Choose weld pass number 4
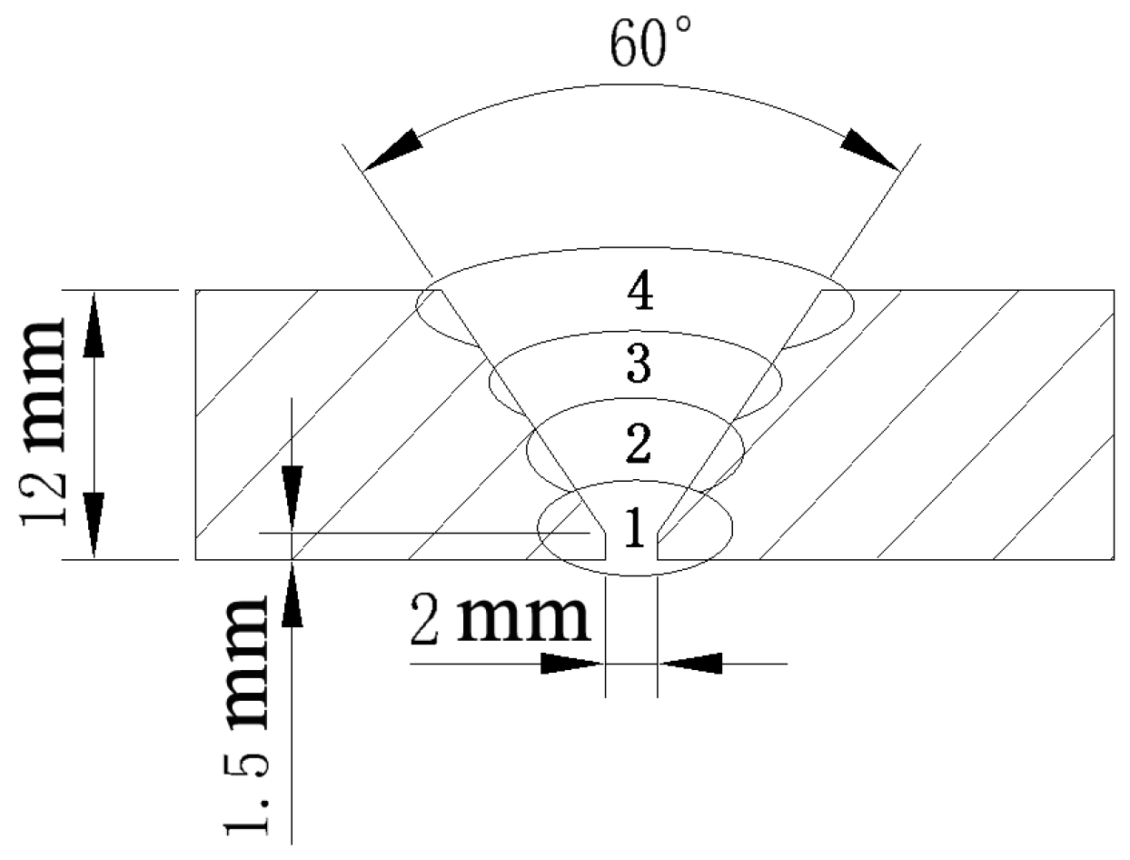(641, 293)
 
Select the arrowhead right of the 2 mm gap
(690, 664)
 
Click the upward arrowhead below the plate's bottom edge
(291, 595)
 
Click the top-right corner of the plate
(1114, 290)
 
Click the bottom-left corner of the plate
(197, 560)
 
